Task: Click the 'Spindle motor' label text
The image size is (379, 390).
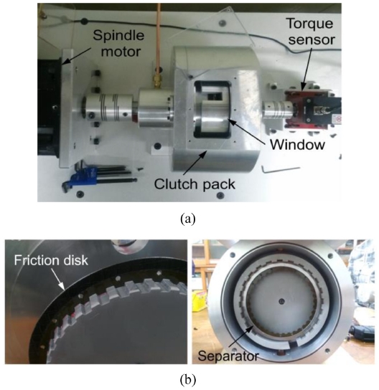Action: pos(118,43)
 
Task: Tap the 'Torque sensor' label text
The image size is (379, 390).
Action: pos(311,32)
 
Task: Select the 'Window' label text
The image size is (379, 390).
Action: pos(298,145)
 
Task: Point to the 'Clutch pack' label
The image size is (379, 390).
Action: pos(195,184)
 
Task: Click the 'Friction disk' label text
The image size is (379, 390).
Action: pos(51,260)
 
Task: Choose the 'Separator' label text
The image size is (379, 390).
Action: pos(228,356)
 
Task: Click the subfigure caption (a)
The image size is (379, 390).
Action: pos(188,219)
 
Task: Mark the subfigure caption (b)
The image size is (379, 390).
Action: pos(188,379)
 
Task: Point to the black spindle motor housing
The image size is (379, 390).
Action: pos(49,107)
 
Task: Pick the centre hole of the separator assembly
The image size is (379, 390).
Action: pos(281,301)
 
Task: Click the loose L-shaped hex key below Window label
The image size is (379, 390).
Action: pos(281,169)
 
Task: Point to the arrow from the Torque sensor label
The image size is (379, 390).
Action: pos(307,67)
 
